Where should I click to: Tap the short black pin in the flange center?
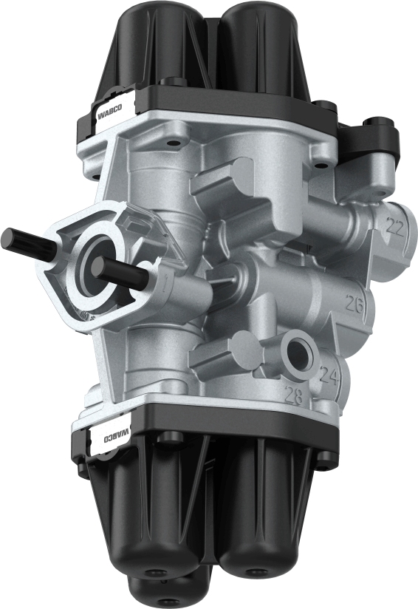coord(123,274)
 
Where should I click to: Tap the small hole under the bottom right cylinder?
coord(256,571)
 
